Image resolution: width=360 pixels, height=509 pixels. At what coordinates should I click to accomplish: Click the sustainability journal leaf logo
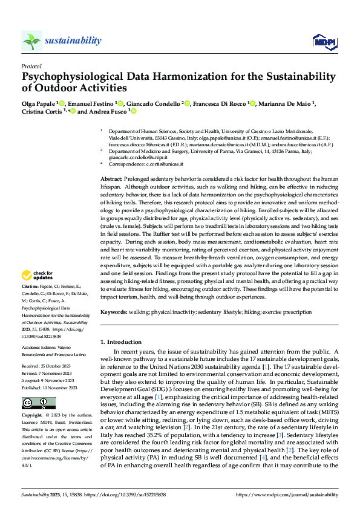(31, 41)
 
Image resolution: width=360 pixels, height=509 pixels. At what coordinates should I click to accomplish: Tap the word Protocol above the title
(31, 66)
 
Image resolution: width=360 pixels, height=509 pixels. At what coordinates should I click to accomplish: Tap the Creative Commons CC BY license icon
(30, 403)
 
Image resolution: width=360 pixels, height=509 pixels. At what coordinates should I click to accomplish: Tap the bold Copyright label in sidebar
(33, 417)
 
